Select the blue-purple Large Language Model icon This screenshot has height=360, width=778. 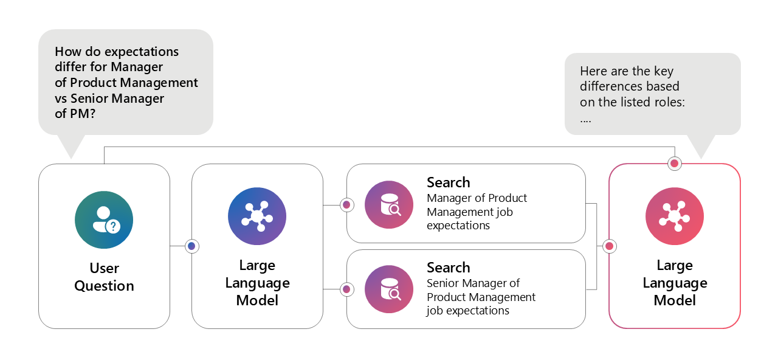click(257, 216)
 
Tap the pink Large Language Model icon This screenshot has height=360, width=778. click(675, 216)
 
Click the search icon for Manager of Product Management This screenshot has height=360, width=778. click(389, 205)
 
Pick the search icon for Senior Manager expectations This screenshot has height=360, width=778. click(389, 290)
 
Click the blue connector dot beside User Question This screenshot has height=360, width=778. click(192, 246)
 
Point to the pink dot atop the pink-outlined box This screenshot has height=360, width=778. click(674, 164)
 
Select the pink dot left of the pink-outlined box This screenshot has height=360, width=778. click(609, 246)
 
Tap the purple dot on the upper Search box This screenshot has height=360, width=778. click(346, 205)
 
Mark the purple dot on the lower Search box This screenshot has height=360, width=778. click(346, 289)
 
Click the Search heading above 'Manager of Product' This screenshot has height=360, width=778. click(449, 182)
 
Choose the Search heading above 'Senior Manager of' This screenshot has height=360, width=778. click(449, 268)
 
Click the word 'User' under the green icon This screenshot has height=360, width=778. click(105, 268)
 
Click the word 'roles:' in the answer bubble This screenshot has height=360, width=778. click(669, 102)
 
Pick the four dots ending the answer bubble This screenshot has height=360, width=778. click(586, 120)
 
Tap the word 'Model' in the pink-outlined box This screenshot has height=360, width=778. click(675, 300)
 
